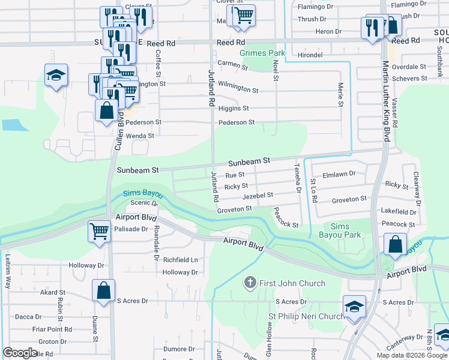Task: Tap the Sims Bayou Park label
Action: pos(340,230)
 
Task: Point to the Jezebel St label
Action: pos(258,196)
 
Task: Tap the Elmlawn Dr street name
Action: pos(339,174)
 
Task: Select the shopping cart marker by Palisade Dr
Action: pos(99,231)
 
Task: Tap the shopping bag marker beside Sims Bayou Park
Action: pos(395,244)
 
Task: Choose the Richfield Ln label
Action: pos(180,260)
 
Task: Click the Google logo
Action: pos(20,353)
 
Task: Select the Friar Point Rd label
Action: pos(52,329)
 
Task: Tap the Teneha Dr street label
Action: pos(297,178)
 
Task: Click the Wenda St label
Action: pos(140,136)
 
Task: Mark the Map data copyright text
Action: pos(411,355)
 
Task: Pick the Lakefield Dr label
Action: pos(399,212)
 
